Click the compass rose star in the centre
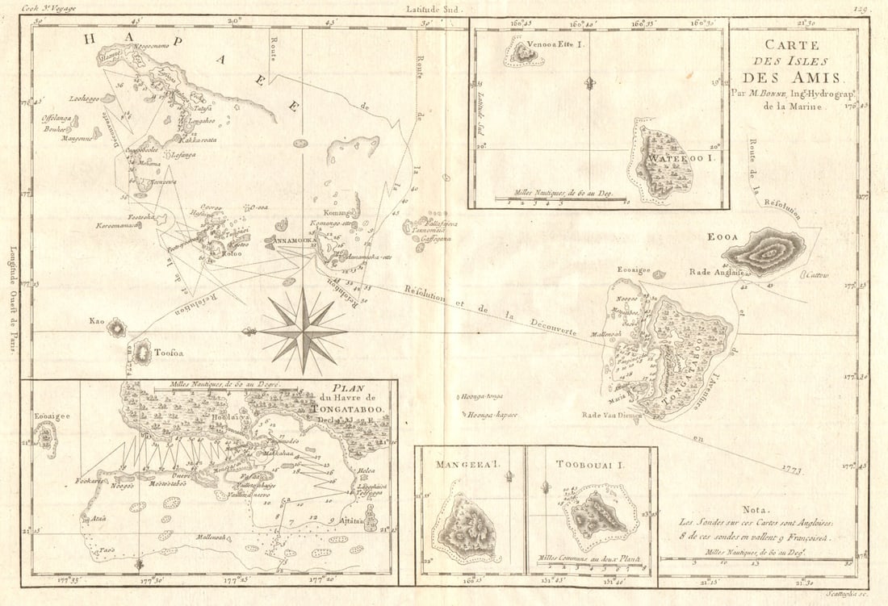pos(304,330)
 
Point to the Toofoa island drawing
pos(142,353)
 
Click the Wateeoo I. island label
pos(675,159)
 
